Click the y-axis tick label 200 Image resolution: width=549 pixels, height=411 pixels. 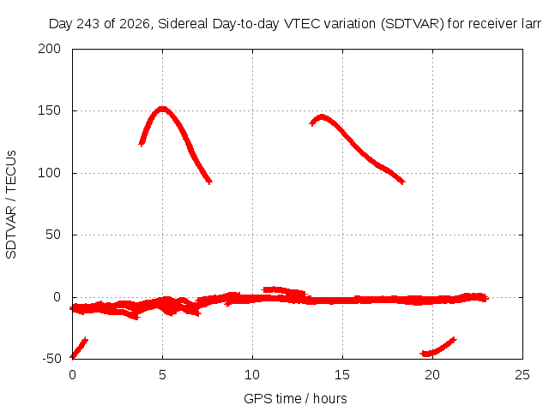[x=50, y=49]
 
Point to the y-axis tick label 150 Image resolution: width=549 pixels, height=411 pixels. [x=50, y=110]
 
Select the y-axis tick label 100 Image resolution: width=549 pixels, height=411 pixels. [x=50, y=173]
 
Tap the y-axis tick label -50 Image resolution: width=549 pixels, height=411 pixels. [x=51, y=359]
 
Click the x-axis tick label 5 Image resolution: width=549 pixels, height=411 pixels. [x=162, y=375]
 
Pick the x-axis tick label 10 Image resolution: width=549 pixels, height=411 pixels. [x=252, y=375]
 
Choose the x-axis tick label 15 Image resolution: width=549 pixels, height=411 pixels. [x=342, y=375]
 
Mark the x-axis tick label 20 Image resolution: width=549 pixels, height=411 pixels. [x=432, y=375]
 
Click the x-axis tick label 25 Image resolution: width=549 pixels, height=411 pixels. [x=522, y=375]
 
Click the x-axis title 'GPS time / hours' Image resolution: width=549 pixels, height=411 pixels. [x=295, y=399]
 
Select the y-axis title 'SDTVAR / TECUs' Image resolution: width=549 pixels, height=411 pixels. [x=11, y=205]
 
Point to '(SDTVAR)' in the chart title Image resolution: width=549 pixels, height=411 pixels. [x=413, y=24]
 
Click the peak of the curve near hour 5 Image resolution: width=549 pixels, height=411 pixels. [x=162, y=110]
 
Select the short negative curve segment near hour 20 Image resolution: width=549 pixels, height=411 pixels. [x=437, y=348]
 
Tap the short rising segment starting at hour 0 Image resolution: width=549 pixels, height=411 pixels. [x=79, y=348]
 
